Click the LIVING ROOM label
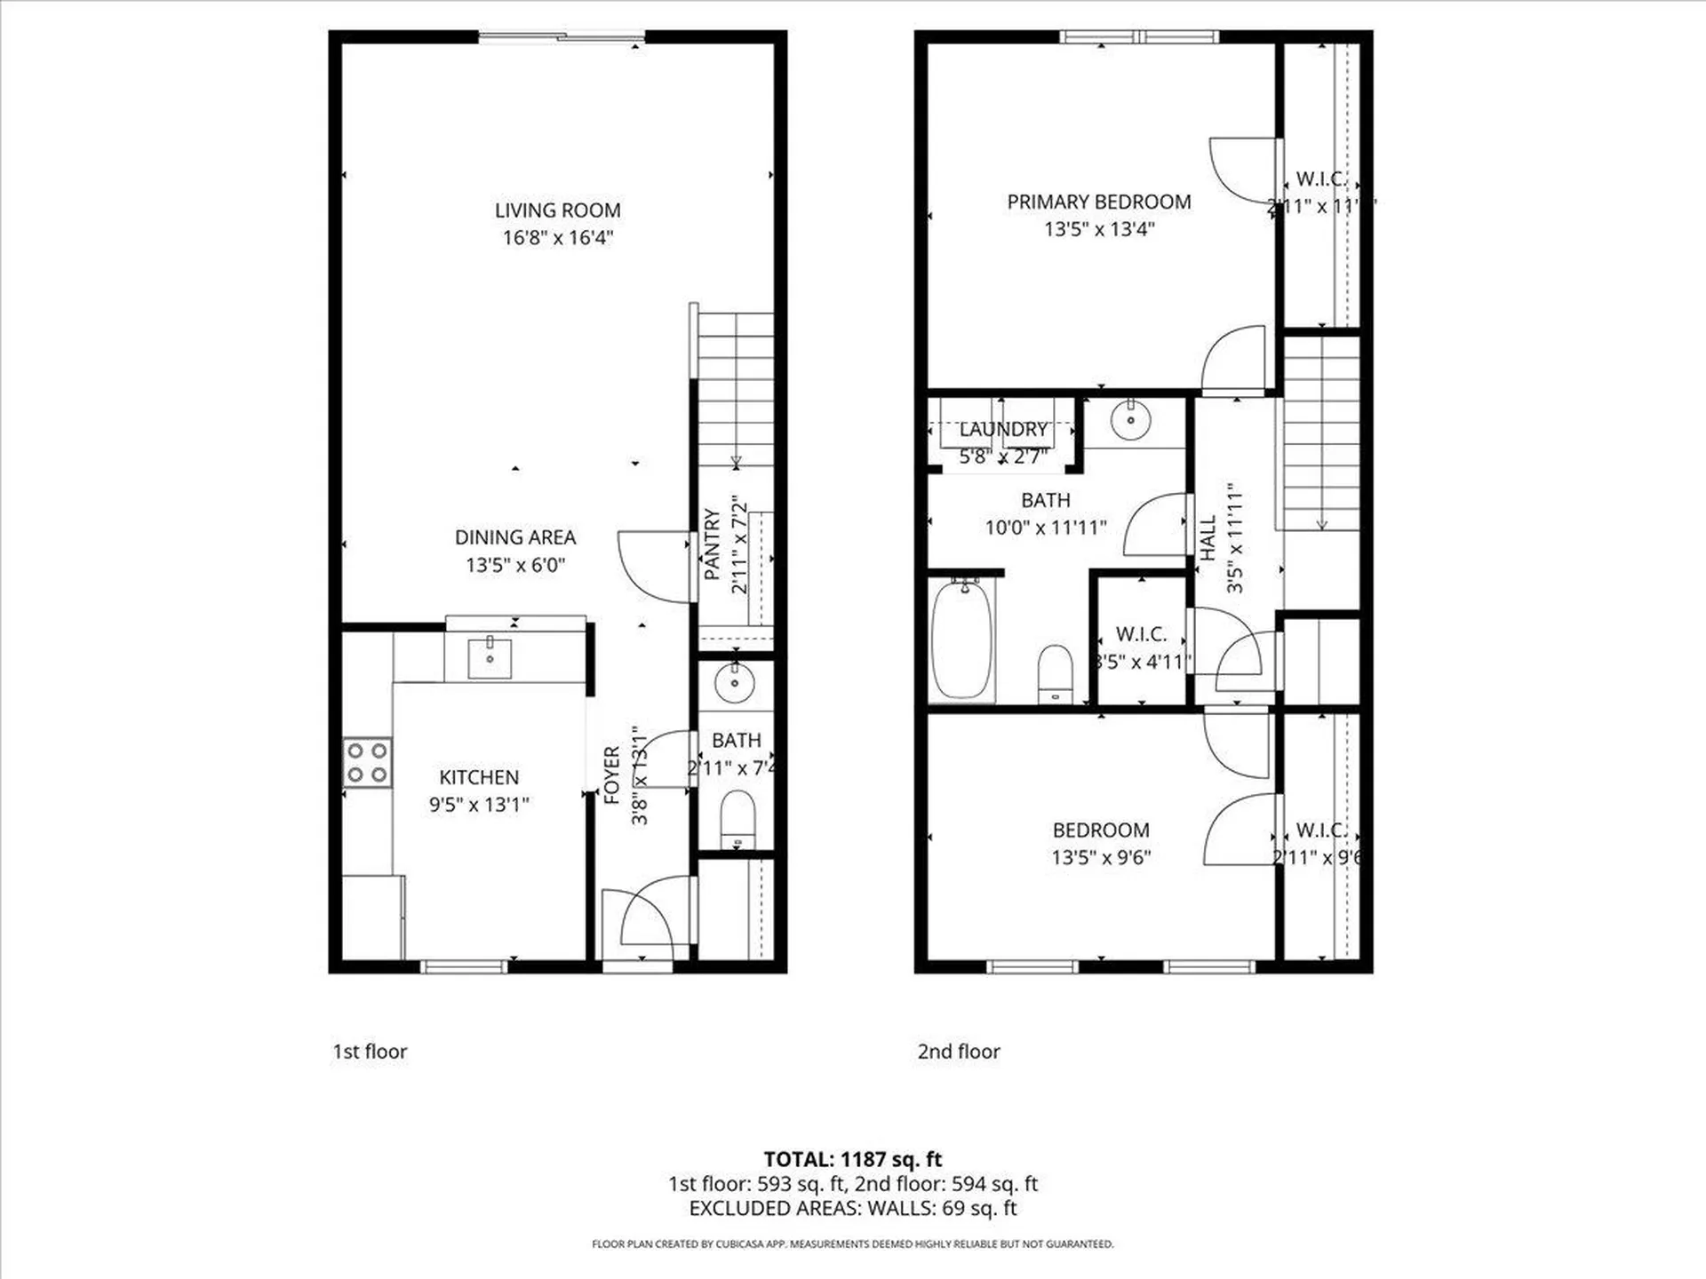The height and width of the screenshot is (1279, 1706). [557, 211]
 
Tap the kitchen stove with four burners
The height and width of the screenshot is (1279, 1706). [367, 763]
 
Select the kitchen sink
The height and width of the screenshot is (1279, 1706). [490, 658]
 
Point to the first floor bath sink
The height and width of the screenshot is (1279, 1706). [735, 682]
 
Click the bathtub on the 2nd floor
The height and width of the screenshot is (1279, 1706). [961, 639]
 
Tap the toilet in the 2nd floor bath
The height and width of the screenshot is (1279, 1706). [1056, 673]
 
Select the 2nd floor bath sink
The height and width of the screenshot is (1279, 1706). [1130, 420]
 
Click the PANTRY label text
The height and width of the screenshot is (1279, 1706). [712, 544]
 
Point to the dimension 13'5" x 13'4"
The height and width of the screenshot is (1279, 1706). [1099, 229]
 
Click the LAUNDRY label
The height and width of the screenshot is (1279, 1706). [1003, 430]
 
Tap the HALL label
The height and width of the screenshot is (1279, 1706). [1208, 538]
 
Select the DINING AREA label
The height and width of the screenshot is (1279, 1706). [515, 537]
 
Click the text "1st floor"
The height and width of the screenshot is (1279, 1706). [370, 1052]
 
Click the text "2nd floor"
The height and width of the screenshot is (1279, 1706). [959, 1052]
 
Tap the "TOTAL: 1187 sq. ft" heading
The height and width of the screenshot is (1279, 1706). [853, 1159]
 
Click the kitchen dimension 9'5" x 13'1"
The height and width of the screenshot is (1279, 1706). [479, 805]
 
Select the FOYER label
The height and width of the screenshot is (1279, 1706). [611, 775]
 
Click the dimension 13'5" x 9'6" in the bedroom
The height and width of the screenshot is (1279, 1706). [1101, 857]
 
